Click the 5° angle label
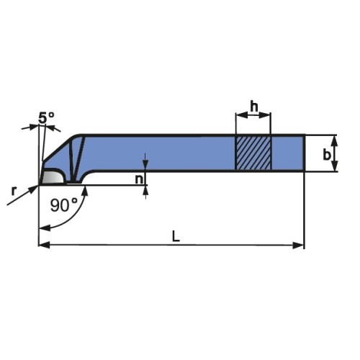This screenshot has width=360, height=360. pyautogui.click(x=46, y=117)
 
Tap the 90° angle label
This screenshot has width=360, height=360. pyautogui.click(x=64, y=205)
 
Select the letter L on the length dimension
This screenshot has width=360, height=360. pyautogui.click(x=176, y=236)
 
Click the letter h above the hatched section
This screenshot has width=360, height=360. pyautogui.click(x=254, y=107)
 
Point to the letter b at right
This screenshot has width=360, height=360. pyautogui.click(x=327, y=155)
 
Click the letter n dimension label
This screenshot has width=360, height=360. pyautogui.click(x=139, y=179)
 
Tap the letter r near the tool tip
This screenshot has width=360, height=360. pyautogui.click(x=14, y=191)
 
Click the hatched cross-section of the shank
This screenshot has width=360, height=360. pyautogui.click(x=253, y=153)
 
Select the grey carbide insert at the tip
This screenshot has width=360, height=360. pyautogui.click(x=53, y=177)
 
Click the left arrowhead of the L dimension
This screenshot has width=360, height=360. pyautogui.click(x=44, y=246)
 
